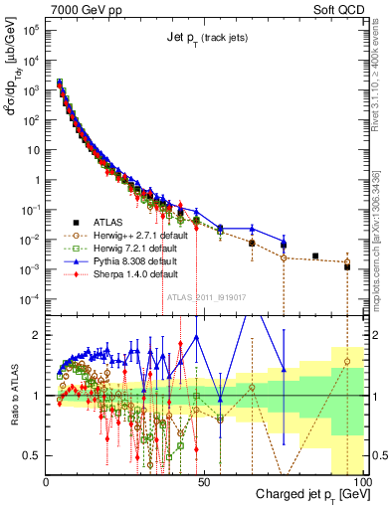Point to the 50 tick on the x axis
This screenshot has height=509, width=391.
pos(204,480)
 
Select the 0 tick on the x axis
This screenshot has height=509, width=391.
pos(47,480)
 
